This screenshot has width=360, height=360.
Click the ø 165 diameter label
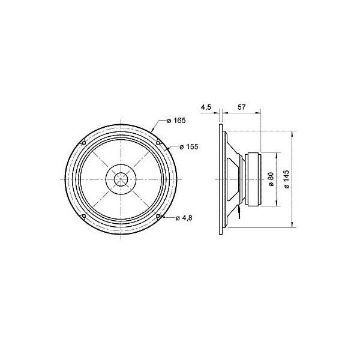pos(176,121)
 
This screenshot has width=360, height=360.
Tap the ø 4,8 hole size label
pos(184,218)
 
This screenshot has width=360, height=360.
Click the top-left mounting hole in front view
pos(82,142)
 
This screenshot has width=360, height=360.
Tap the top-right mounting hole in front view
pos(158,142)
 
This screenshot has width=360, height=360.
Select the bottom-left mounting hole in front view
pos(82,217)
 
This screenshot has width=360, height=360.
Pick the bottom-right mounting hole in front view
pos(158,217)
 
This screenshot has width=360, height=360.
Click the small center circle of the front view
pos(121,179)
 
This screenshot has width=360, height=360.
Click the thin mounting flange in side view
pos(221,179)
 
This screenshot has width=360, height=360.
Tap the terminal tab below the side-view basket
pos(239,209)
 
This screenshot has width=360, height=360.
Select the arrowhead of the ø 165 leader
pos(154,130)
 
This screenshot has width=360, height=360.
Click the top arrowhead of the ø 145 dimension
pos(292,133)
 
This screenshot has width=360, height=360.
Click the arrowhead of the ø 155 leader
pos(167,148)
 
